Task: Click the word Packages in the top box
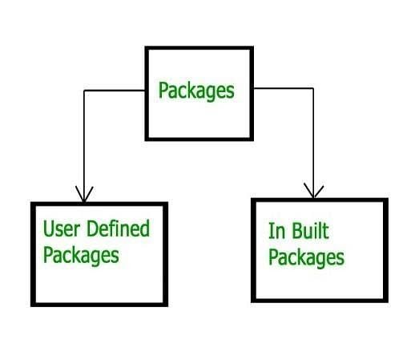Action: (196, 91)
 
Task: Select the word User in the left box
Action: (62, 229)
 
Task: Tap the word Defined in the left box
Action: (118, 228)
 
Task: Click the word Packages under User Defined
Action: (81, 256)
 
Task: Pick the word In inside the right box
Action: (276, 231)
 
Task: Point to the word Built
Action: (310, 230)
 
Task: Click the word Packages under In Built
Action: (306, 258)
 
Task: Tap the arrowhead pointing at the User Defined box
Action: (84, 194)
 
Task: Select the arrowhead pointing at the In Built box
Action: (314, 191)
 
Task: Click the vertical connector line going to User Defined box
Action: (84, 147)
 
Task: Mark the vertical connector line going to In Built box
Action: (313, 144)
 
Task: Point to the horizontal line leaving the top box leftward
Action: (115, 91)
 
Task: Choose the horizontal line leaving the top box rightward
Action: (283, 88)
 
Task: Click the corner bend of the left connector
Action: (84, 91)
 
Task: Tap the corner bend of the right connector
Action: (313, 88)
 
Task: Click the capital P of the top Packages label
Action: (163, 90)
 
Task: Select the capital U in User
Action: (48, 229)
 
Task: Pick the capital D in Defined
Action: (92, 229)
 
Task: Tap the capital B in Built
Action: (297, 231)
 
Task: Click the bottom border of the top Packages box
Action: (199, 139)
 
